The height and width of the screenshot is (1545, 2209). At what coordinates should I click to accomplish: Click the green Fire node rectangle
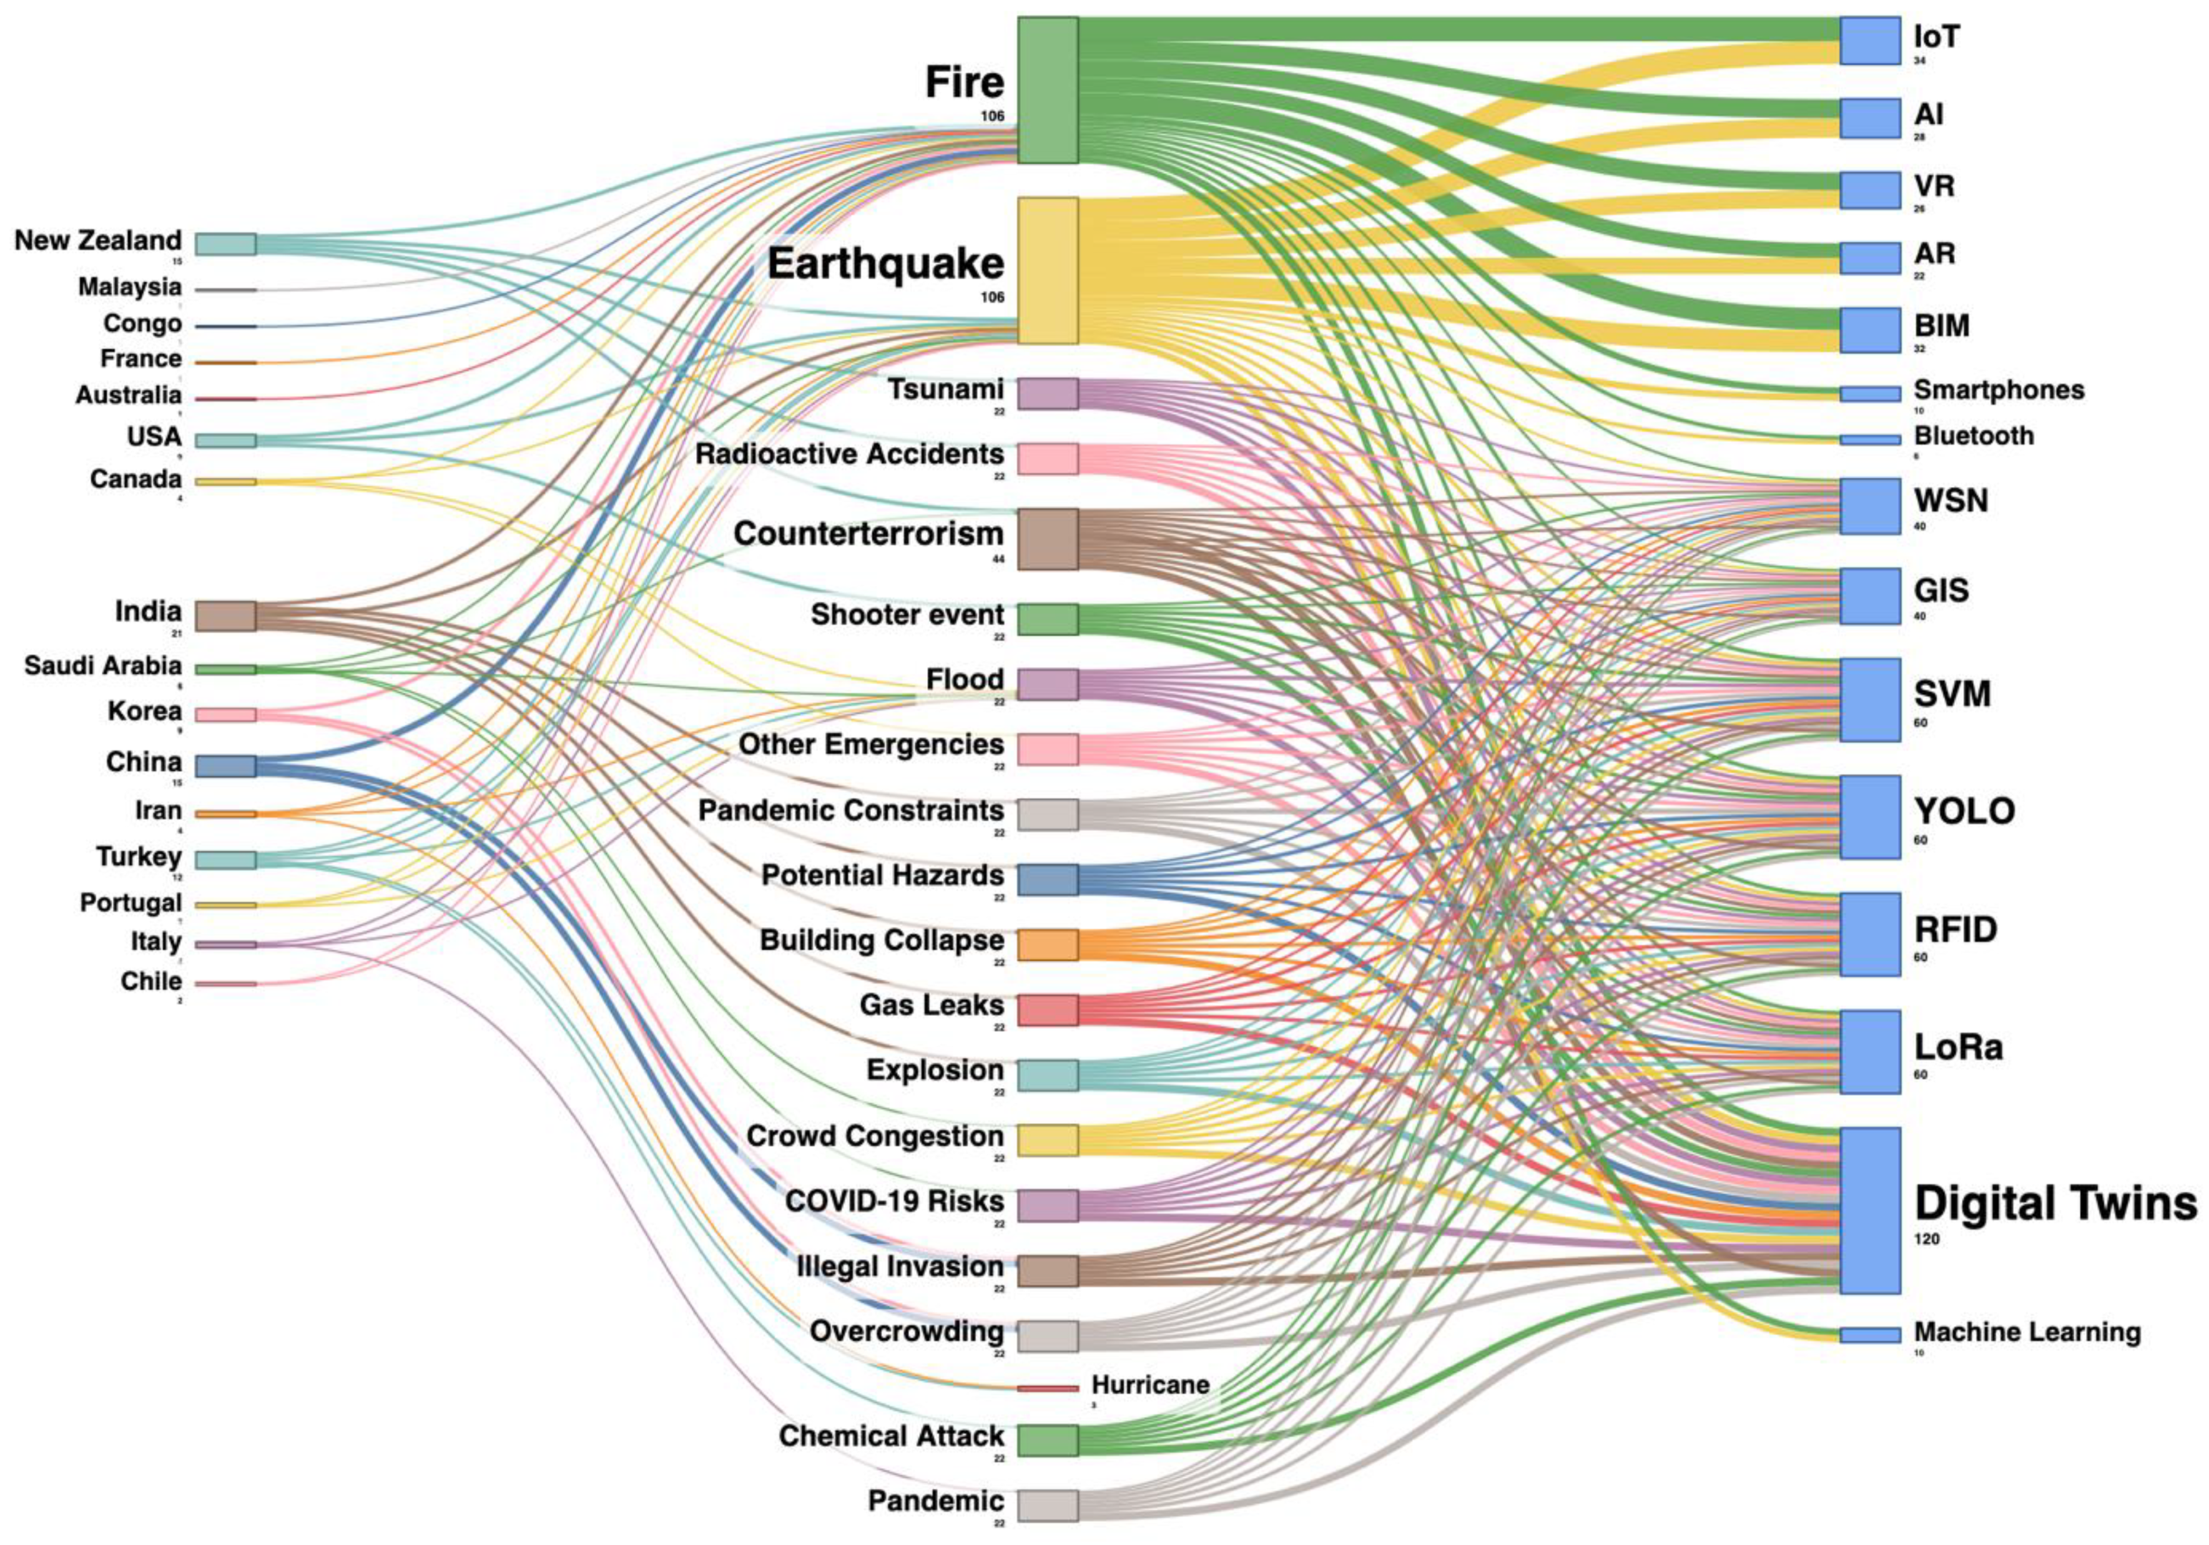[x=1048, y=91]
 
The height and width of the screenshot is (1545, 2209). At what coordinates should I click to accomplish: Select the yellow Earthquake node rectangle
[x=1048, y=270]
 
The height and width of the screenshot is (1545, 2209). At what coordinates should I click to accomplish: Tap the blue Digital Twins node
[x=1869, y=1210]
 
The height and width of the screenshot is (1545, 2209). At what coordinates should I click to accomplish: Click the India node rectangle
[x=226, y=616]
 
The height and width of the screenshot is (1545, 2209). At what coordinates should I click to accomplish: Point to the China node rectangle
[x=226, y=766]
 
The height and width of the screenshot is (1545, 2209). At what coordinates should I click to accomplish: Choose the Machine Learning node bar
[x=1869, y=1335]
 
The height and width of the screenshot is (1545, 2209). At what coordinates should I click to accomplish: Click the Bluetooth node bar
[x=1869, y=439]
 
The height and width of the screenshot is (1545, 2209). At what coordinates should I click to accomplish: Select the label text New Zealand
[x=97, y=240]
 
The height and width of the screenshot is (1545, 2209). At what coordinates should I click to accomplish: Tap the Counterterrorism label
[x=868, y=534]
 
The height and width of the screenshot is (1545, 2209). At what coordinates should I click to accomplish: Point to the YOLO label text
[x=1964, y=811]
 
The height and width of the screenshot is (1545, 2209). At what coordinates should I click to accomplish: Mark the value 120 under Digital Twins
[x=1926, y=1239]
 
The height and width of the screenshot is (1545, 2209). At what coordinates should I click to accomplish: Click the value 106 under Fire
[x=992, y=116]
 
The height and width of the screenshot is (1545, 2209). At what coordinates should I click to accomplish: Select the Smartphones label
[x=1999, y=390]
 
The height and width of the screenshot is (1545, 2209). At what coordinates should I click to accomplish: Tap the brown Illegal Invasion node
[x=1048, y=1271]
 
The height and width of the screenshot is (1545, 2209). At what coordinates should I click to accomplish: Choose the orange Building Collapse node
[x=1048, y=944]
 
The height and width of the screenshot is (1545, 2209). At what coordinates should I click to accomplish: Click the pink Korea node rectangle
[x=226, y=715]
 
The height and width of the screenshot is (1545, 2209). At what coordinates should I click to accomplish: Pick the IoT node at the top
[x=1869, y=41]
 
